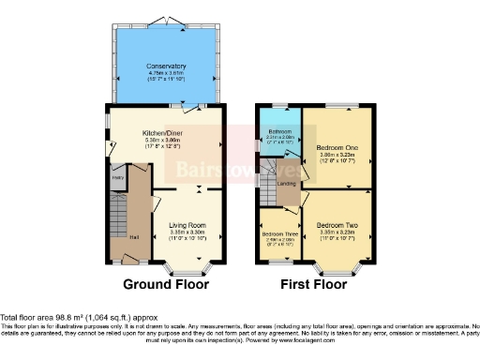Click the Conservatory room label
165,67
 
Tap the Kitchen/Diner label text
165,133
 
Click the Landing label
287,184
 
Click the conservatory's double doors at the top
165,21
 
